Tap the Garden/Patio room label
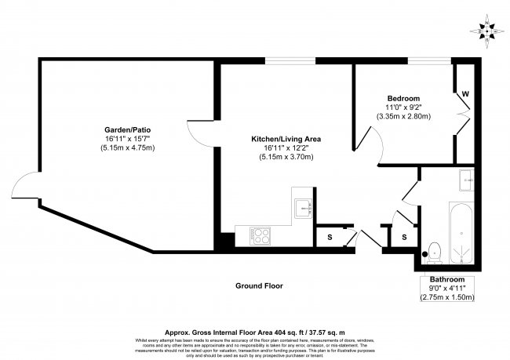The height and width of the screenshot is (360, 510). tap(127, 129)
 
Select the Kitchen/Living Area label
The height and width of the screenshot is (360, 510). tap(286, 139)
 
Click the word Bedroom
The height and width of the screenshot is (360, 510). tap(403, 97)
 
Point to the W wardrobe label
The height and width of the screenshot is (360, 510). tap(465, 94)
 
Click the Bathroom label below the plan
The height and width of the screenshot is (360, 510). tap(447, 280)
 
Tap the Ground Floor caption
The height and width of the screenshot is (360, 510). tap(259, 286)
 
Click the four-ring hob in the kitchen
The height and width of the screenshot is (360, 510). tap(260, 233)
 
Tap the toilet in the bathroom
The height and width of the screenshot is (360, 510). tap(433, 251)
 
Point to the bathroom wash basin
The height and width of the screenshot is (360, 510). tap(466, 180)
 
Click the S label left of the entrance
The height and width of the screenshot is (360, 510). tap(328, 237)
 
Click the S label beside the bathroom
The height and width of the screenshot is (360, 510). tap(404, 237)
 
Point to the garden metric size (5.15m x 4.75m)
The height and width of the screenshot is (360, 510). tap(127, 148)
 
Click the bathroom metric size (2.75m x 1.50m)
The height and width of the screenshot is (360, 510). tap(447, 299)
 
